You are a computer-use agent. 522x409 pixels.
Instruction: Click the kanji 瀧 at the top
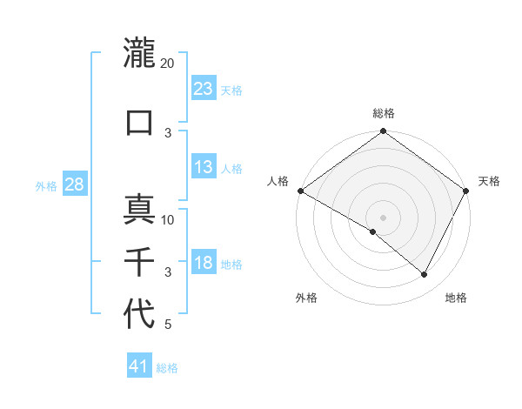point(139,53)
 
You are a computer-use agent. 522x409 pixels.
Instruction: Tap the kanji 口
point(139,123)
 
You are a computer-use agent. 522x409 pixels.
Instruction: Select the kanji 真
point(139,210)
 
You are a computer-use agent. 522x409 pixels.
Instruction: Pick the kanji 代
point(139,314)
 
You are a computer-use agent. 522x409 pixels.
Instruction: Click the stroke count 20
point(168,64)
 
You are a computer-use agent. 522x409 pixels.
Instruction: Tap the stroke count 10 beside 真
point(169,220)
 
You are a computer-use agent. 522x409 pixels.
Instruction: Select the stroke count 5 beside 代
point(168,325)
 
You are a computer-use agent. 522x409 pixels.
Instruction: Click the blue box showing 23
point(204,88)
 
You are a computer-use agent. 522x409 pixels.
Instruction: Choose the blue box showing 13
point(204,167)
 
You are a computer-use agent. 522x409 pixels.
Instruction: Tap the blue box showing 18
point(204,263)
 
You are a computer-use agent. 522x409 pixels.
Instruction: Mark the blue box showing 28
point(73,184)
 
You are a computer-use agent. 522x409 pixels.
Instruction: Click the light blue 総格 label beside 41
point(167,368)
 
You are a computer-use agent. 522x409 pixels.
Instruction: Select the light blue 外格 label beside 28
point(46,185)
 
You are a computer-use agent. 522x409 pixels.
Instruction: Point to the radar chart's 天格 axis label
point(489,181)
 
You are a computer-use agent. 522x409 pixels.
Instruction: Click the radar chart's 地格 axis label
point(456,298)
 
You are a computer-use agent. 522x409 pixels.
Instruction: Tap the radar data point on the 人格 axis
point(300,191)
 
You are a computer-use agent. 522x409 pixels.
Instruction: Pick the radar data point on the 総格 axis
point(383,132)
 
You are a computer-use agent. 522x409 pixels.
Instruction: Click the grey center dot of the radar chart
point(383,217)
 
